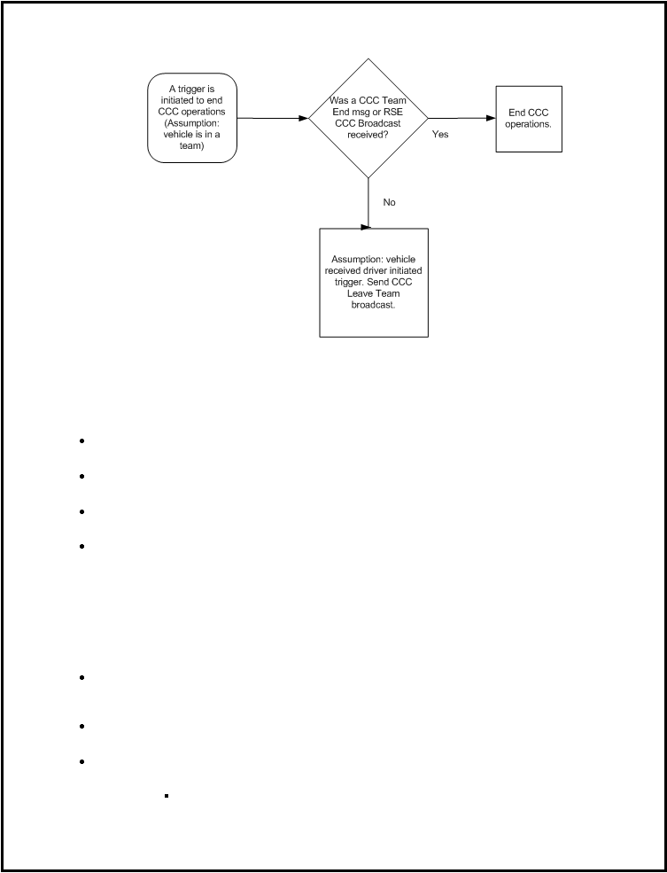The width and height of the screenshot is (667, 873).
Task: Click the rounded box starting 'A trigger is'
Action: coord(192,118)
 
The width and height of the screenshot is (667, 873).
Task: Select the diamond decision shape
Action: coord(368,118)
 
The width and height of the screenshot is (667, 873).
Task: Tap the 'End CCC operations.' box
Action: coord(529,119)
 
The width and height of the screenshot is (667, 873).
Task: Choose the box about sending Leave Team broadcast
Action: coord(373,282)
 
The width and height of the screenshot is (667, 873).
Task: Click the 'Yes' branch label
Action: coord(440,134)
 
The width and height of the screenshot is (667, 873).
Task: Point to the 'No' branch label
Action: coord(389,203)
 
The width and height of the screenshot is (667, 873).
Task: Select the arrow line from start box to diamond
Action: coord(273,118)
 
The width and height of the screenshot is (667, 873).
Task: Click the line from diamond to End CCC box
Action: coord(461,118)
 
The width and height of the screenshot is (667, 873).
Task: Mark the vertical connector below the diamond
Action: coord(368,203)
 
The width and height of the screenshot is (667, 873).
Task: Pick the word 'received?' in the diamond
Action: coord(368,134)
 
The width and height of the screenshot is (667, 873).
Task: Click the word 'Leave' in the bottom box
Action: coord(360,293)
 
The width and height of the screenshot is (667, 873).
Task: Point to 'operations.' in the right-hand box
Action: coord(529,124)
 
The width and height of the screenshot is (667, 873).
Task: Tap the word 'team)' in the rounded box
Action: coord(192,146)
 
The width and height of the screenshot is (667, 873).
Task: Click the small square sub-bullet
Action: coord(167,796)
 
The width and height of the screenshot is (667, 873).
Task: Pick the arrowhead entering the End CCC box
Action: coord(491,118)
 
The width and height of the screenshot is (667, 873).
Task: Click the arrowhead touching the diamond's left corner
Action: coord(304,118)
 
